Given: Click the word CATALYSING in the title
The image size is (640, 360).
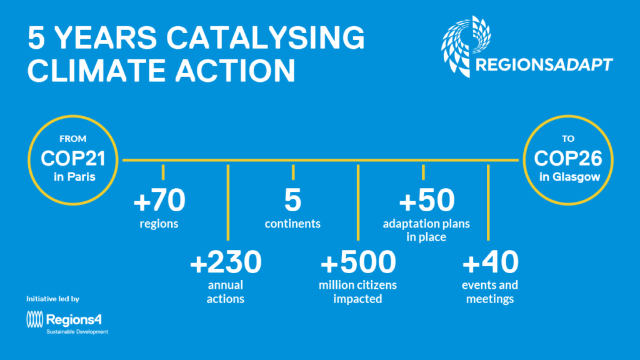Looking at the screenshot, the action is pyautogui.click(x=265, y=37).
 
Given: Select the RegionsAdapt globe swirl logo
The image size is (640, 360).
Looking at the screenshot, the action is pyautogui.click(x=466, y=46).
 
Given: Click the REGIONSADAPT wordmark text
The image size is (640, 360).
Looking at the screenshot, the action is pyautogui.click(x=544, y=64).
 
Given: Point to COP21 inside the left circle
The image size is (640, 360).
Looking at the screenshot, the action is pyautogui.click(x=73, y=158).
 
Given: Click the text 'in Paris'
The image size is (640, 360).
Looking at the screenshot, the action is pyautogui.click(x=74, y=177).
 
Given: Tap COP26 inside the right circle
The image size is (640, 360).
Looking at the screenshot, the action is pyautogui.click(x=567, y=158).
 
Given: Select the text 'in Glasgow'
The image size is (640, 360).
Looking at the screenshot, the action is pyautogui.click(x=569, y=177).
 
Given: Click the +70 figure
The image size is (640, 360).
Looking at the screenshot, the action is pyautogui.click(x=159, y=200).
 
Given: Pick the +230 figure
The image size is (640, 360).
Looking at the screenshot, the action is pyautogui.click(x=226, y=262).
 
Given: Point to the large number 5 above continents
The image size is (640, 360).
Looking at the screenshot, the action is pyautogui.click(x=292, y=200).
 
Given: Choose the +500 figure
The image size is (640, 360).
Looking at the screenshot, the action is pyautogui.click(x=358, y=262).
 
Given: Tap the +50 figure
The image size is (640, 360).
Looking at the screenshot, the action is pyautogui.click(x=426, y=200).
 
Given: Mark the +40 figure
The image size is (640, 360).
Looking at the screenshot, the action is pyautogui.click(x=490, y=262).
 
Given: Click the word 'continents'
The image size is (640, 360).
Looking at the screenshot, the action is pyautogui.click(x=292, y=224).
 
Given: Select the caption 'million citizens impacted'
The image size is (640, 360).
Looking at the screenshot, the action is pyautogui.click(x=357, y=292).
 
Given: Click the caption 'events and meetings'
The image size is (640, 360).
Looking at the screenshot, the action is pyautogui.click(x=490, y=292).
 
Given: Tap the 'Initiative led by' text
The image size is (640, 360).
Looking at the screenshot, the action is pyautogui.click(x=52, y=299).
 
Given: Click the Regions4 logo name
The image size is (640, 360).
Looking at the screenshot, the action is pyautogui.click(x=74, y=319).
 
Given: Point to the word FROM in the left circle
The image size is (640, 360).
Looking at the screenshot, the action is pyautogui.click(x=72, y=139).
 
